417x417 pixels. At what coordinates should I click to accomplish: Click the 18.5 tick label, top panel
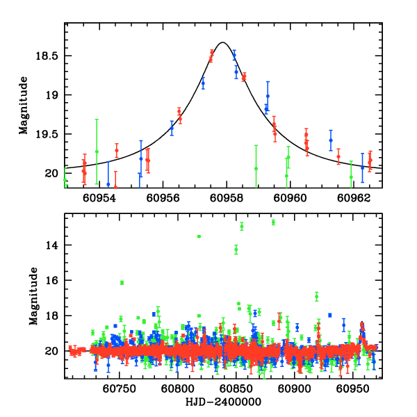[x=49, y=56]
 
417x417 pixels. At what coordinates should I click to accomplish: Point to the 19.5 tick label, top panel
[x=49, y=134]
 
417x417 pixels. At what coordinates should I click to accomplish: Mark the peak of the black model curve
[x=222, y=42]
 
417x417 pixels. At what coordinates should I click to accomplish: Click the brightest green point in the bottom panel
[x=273, y=222]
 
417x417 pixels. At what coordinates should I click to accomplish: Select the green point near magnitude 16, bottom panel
[x=122, y=282]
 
